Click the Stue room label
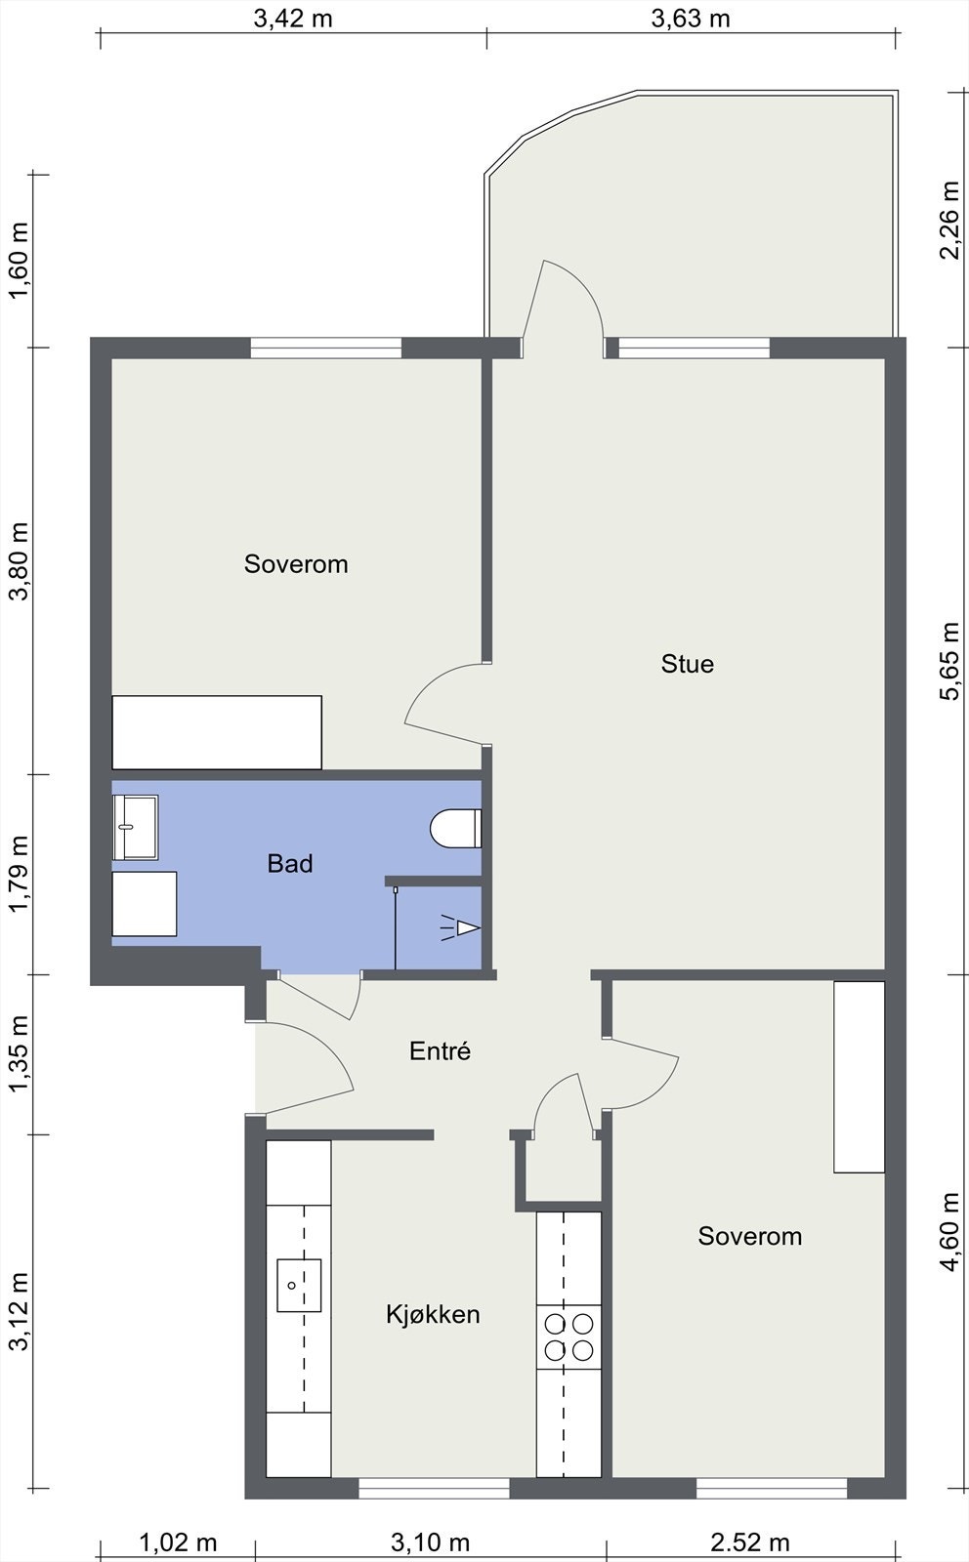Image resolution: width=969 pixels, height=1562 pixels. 687,664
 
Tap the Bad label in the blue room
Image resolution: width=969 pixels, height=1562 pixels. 289,864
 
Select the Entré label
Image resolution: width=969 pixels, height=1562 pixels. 440,1050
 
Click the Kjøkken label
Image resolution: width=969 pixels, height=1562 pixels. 433,1314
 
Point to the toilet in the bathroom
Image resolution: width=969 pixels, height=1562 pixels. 455,829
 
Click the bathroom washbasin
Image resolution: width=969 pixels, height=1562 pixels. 136,827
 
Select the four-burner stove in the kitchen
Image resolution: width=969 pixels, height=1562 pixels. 569,1336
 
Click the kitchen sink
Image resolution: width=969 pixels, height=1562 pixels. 299,1285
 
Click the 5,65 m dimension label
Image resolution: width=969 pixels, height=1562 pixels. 949,661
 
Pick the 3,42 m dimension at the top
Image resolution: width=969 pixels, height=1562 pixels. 293,19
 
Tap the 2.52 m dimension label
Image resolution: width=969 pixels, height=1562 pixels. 750,1541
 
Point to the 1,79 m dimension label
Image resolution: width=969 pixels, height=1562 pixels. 20,873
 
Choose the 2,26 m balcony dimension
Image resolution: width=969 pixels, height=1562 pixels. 949,221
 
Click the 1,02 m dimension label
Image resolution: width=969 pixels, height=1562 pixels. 178,1541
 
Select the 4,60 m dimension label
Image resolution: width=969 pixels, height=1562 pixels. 949,1232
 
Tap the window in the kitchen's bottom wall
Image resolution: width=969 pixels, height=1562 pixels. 434,1489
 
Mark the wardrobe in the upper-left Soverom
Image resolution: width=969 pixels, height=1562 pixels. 217,732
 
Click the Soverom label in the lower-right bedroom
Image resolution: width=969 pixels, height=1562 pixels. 750,1236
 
